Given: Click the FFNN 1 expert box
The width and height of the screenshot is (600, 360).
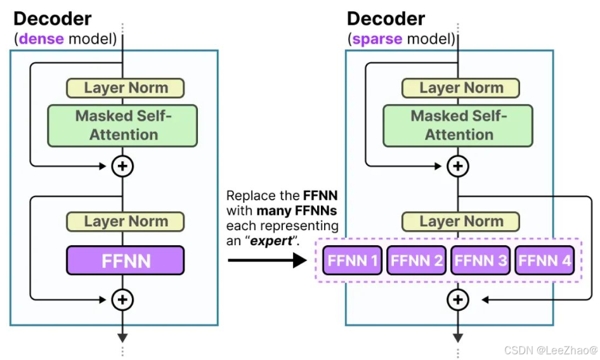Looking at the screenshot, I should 353,260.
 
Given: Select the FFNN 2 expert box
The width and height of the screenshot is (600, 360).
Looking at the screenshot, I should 417,260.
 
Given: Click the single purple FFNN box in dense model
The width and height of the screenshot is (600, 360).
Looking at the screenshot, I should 125,260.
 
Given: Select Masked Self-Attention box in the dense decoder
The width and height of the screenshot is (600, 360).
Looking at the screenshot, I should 123,125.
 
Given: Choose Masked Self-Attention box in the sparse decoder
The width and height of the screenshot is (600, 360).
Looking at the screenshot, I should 458,125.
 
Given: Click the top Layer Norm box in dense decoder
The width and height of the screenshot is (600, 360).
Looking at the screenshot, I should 126,88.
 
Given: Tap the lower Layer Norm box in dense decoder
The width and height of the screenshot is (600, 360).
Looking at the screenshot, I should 126,222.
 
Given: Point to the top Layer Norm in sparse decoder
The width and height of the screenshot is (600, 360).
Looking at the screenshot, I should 461,88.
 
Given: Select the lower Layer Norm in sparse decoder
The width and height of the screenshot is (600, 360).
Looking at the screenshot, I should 461,222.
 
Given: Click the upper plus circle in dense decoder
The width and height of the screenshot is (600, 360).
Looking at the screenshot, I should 122,166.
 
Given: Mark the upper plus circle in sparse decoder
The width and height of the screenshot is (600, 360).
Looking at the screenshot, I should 457,166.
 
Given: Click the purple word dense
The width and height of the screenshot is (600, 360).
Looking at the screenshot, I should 41,39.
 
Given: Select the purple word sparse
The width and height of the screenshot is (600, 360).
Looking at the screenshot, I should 377,39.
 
